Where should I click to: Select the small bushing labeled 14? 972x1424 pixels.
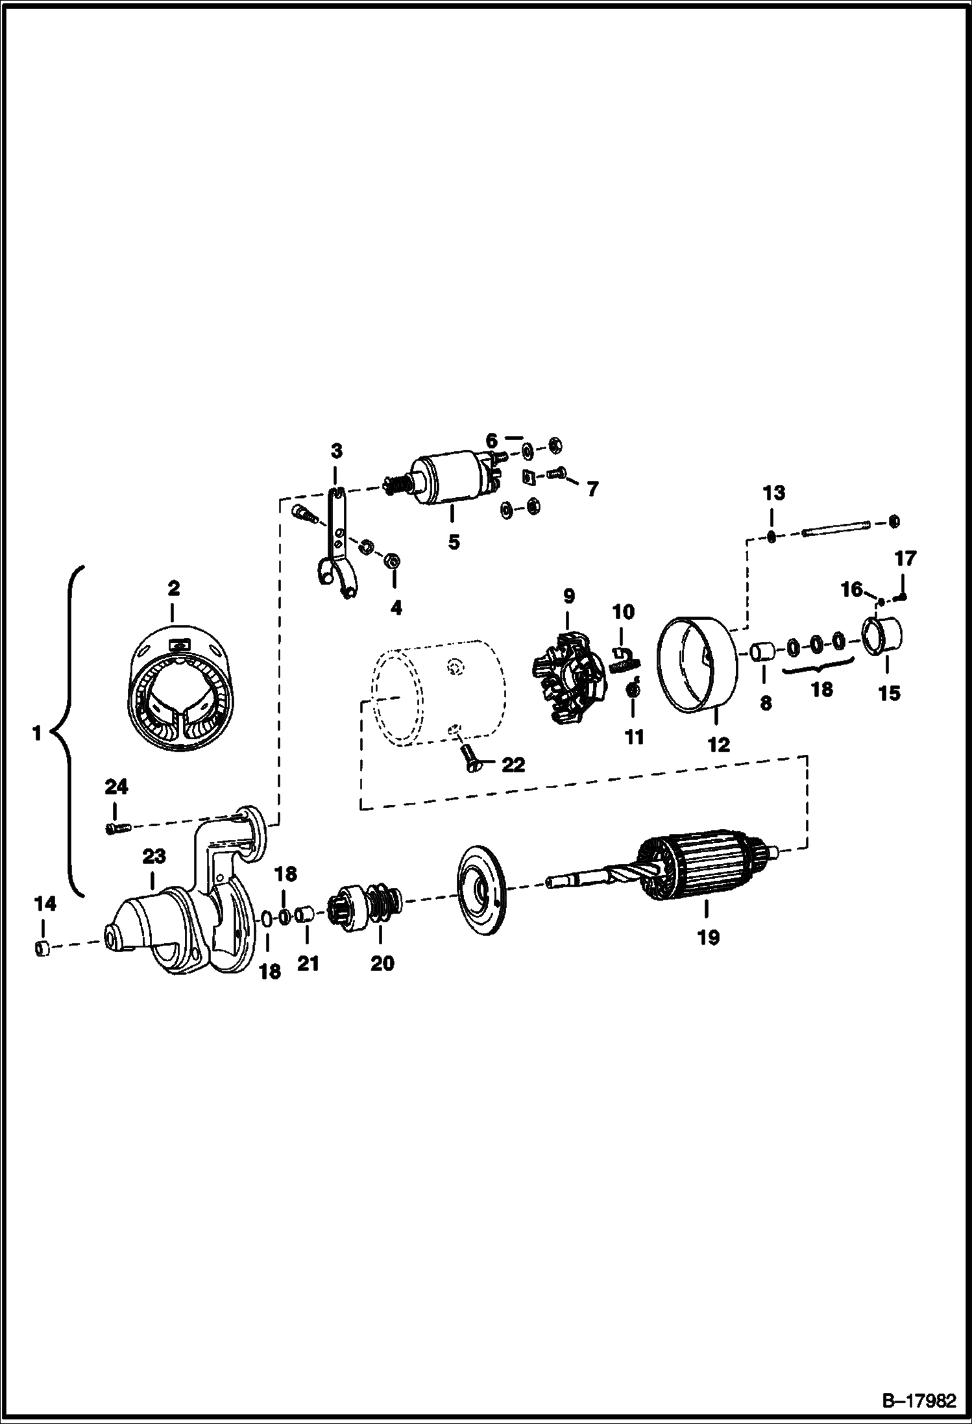click(x=42, y=949)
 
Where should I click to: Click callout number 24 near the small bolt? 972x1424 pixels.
click(x=116, y=787)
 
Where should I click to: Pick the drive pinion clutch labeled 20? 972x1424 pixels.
click(x=367, y=903)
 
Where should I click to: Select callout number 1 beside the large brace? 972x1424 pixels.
click(x=36, y=733)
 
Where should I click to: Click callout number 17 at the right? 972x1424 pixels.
click(x=906, y=558)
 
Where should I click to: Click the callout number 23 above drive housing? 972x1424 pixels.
click(x=154, y=856)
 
